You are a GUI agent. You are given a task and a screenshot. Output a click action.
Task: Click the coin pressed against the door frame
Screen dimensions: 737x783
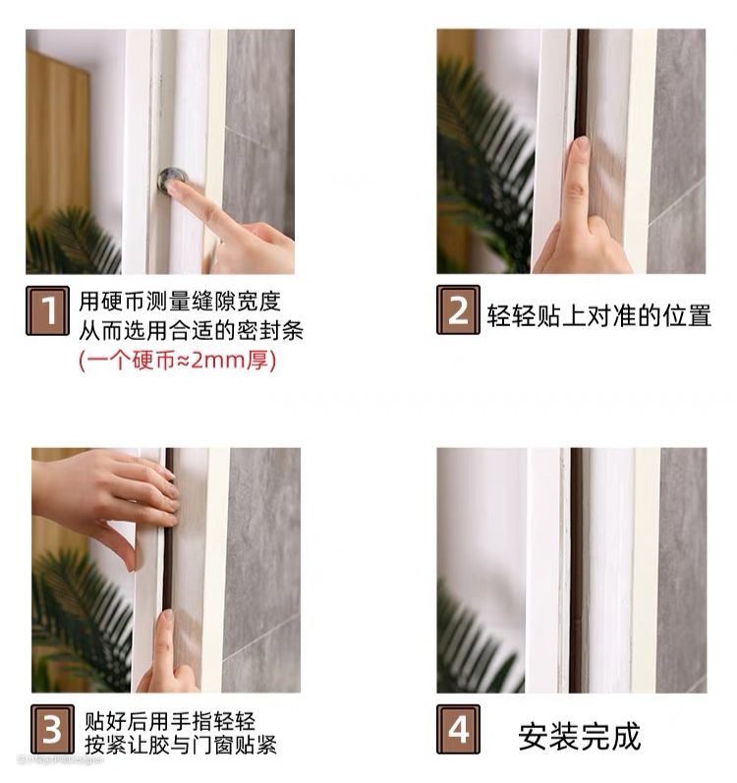171,180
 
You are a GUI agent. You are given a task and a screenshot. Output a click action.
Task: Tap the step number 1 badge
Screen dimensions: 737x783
47,310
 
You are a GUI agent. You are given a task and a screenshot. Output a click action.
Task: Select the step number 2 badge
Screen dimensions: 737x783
458,310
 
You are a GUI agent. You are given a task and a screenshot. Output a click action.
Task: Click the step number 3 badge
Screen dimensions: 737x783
52,730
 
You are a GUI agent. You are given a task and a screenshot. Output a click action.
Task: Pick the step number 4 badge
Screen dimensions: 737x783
458,729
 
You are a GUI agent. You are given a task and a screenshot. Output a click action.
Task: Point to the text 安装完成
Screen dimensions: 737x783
579,736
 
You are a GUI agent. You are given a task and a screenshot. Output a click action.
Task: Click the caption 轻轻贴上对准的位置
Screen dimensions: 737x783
599,315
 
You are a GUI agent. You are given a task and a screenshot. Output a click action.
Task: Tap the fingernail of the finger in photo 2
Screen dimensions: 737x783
582,146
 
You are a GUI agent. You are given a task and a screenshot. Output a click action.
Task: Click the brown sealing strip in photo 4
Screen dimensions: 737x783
576,570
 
